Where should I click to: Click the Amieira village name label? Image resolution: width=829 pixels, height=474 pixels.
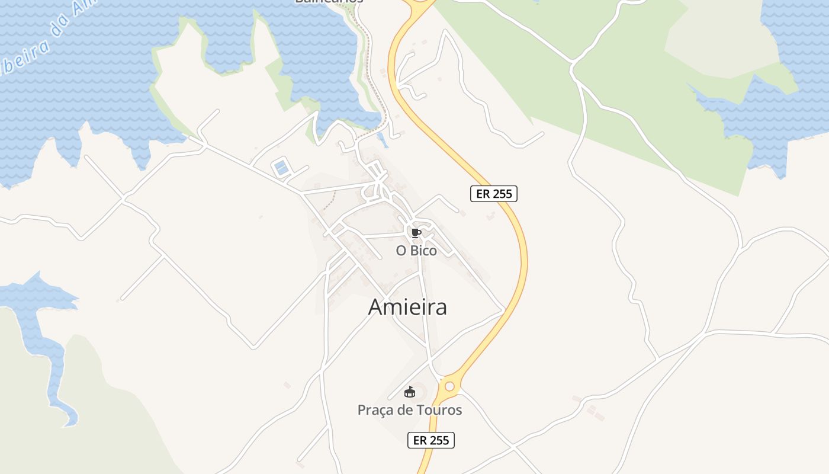tap(407, 307)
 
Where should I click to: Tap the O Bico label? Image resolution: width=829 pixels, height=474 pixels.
tap(416, 251)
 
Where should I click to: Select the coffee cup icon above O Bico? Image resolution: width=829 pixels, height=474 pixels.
tap(416, 232)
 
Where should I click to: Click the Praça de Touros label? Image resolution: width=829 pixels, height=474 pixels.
tap(410, 410)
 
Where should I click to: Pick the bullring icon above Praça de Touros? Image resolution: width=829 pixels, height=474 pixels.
tap(409, 392)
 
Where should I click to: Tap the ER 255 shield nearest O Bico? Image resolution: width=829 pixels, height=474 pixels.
tap(494, 194)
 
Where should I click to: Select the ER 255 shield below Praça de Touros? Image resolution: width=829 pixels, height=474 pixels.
tap(431, 440)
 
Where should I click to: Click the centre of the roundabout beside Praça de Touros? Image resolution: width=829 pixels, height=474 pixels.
tap(449, 386)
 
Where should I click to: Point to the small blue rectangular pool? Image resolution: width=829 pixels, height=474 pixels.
tap(281, 168)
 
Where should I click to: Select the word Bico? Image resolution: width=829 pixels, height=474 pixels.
tap(423, 251)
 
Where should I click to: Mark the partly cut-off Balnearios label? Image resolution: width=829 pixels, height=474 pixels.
tap(329, 2)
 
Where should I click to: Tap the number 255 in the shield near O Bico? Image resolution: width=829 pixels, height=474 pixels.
tap(502, 194)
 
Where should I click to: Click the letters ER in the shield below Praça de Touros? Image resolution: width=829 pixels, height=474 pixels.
tap(420, 440)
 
